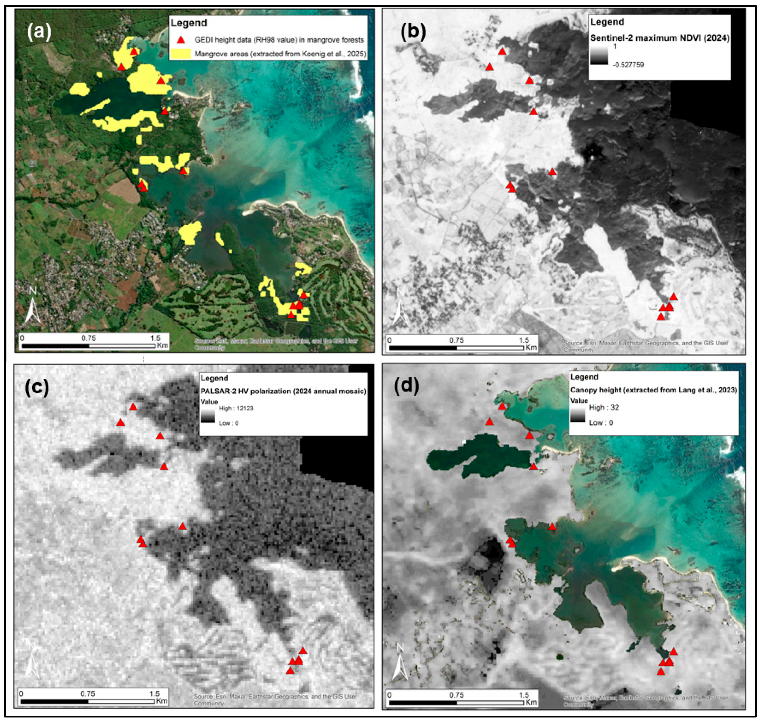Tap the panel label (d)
point(406,387)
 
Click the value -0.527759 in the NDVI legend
point(628,65)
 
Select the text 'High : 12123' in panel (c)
point(236,408)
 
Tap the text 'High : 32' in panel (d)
point(604,407)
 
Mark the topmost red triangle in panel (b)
point(502,52)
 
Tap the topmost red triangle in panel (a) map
point(133,52)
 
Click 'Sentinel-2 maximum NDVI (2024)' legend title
point(660,38)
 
